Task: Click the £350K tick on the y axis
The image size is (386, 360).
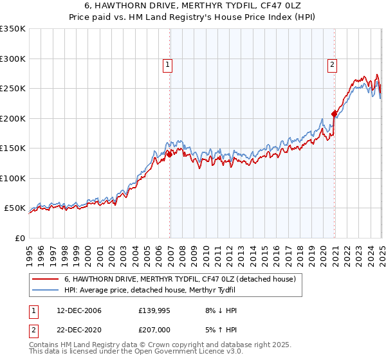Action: tap(13, 29)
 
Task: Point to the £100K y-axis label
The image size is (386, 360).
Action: tap(13, 178)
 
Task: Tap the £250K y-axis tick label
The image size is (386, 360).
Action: tap(13, 89)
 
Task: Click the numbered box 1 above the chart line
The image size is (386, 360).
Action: tap(167, 64)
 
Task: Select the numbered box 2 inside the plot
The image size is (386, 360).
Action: tap(332, 64)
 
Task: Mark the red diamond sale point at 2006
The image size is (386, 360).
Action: tap(169, 154)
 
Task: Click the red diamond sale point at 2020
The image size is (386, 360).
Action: tap(334, 114)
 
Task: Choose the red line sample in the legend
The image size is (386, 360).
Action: tap(46, 279)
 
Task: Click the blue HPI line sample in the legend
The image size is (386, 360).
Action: tap(46, 289)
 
